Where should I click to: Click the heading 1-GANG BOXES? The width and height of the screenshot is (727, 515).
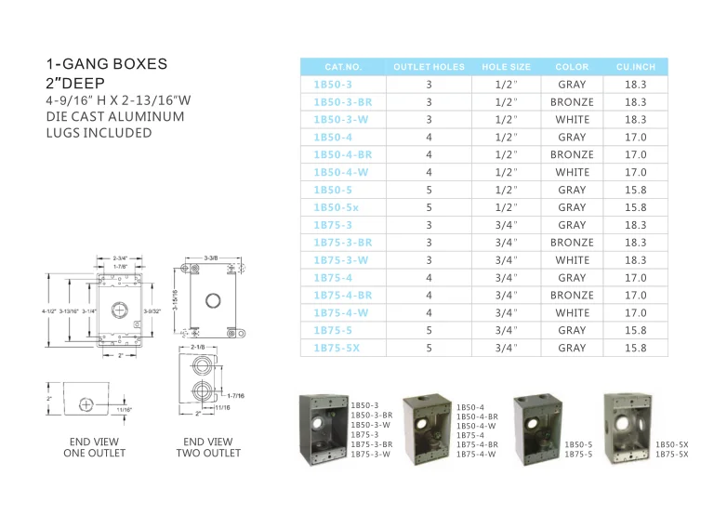[107, 64]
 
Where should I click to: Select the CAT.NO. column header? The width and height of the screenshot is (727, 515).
[343, 67]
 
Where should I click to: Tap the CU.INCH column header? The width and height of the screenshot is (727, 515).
[636, 67]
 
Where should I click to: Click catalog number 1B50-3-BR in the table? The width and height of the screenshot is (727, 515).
[343, 102]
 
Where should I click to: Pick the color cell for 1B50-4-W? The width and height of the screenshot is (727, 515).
[572, 172]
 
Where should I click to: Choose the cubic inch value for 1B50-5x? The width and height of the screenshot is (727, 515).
[636, 207]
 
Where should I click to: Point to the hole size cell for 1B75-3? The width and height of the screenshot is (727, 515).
[506, 225]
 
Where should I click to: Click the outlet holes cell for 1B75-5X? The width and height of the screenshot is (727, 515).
[429, 348]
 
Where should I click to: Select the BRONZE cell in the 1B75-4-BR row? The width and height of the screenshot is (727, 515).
[572, 296]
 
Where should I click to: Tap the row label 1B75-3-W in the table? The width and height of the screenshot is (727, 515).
[343, 260]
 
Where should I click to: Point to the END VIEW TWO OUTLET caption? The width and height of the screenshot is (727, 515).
[208, 447]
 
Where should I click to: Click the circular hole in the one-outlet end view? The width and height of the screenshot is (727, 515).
[85, 404]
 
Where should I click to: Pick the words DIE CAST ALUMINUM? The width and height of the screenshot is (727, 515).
[115, 116]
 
